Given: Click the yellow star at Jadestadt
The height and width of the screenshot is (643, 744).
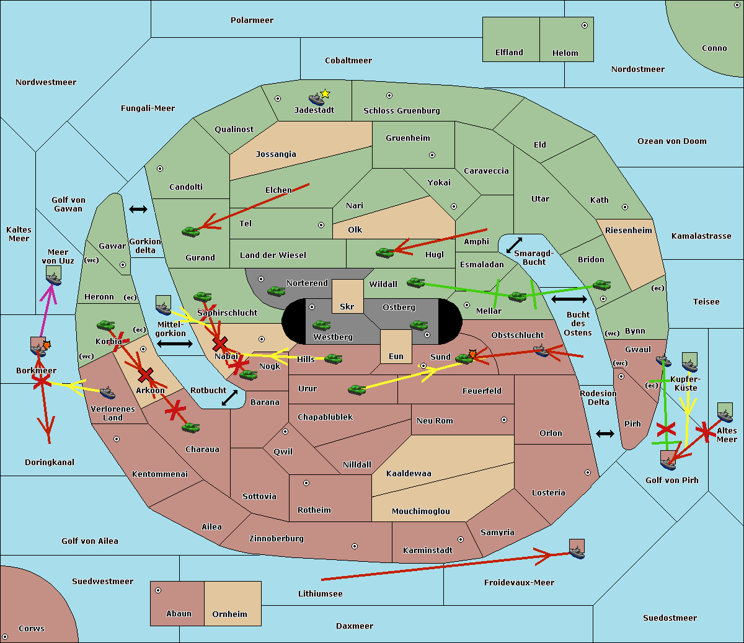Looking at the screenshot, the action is pos(325,94).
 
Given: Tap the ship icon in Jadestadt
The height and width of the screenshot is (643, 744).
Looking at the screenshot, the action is pos(316,99).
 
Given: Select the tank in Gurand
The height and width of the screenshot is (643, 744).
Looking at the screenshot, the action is pos(191,231).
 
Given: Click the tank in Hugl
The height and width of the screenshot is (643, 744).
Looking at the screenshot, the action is pos(385,252).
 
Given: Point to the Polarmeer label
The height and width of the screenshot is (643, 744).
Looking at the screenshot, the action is pos(252,20).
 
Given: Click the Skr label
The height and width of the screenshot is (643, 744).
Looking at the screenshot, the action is pos(347,306).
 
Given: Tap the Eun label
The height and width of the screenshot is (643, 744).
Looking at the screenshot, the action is pos(396,356).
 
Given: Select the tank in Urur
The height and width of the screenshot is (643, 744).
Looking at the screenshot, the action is pos(357,389).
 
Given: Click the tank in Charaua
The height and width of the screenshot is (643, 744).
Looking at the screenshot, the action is pos(190,427).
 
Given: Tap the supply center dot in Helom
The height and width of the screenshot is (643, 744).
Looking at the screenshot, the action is pos(585,25).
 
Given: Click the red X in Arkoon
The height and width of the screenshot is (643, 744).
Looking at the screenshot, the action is pos(146,375).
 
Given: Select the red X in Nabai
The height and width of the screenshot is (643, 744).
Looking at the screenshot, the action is pos(220,344).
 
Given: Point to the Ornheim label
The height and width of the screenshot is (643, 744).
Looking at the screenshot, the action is pos(229,614).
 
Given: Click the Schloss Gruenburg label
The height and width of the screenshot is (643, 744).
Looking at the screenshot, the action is pos(402,110).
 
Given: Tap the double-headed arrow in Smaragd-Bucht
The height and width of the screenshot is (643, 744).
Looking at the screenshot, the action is pos(514,245).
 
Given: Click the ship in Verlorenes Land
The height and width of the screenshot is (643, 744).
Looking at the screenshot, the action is pos(107,392).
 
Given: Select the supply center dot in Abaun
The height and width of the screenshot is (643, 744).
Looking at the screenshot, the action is pos(158,590).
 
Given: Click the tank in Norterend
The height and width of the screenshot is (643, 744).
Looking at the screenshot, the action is pos(276,291).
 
